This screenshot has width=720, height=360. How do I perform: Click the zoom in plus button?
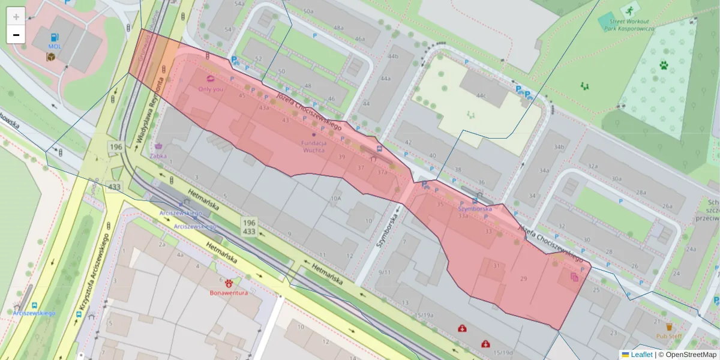16,17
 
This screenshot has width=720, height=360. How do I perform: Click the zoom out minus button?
16,35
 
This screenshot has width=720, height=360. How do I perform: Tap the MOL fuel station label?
55,46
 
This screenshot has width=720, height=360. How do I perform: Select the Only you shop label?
210,89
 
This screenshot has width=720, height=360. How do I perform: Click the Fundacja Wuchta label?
314,146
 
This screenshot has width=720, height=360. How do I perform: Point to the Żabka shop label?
159,155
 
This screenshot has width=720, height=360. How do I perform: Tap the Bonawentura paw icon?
229,283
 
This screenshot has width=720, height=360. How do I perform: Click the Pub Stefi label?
668,336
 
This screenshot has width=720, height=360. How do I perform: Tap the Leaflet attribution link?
641,355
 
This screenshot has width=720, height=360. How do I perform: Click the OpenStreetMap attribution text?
688,355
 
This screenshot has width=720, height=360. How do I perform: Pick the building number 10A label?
335,198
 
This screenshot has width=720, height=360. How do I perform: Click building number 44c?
481,95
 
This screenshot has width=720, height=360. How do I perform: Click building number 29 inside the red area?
523,278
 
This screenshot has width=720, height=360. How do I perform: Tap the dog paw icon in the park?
664,65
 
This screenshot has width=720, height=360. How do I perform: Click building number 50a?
308,11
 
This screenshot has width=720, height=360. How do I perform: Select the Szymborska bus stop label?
475,209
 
